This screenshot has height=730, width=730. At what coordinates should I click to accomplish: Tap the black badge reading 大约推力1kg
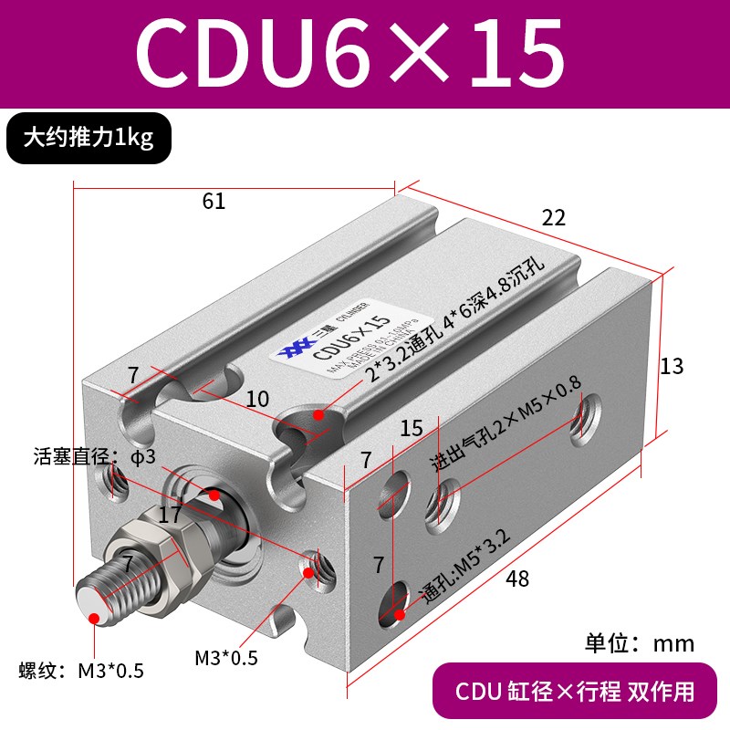click(x=89, y=138)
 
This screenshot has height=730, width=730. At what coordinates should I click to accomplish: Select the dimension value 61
click(x=214, y=202)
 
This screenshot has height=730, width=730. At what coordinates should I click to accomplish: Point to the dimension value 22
click(x=553, y=217)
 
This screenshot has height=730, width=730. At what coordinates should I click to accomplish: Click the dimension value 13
click(x=671, y=366)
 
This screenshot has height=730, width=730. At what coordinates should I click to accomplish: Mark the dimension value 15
click(x=412, y=428)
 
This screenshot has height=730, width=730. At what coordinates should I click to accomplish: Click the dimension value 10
click(x=257, y=399)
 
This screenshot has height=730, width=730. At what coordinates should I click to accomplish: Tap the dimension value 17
click(x=170, y=516)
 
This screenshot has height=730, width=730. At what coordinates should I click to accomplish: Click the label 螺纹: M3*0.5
click(x=81, y=673)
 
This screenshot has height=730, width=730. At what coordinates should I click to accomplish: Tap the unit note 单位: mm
click(x=639, y=643)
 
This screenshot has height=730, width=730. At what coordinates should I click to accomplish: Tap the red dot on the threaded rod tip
click(x=95, y=619)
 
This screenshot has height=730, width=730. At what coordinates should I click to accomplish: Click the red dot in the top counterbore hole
click(x=318, y=415)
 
